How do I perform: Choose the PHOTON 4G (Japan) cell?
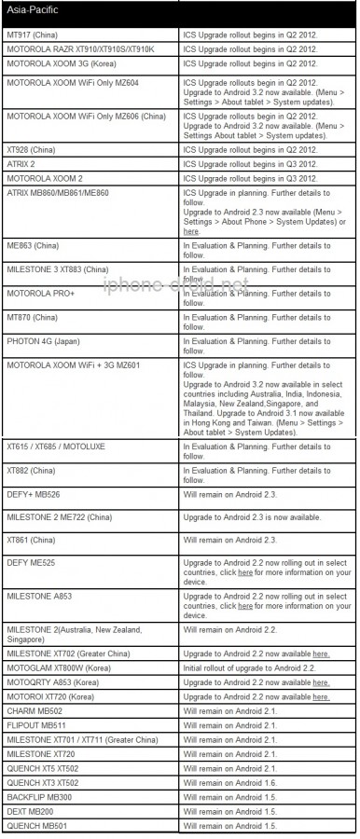42,342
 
